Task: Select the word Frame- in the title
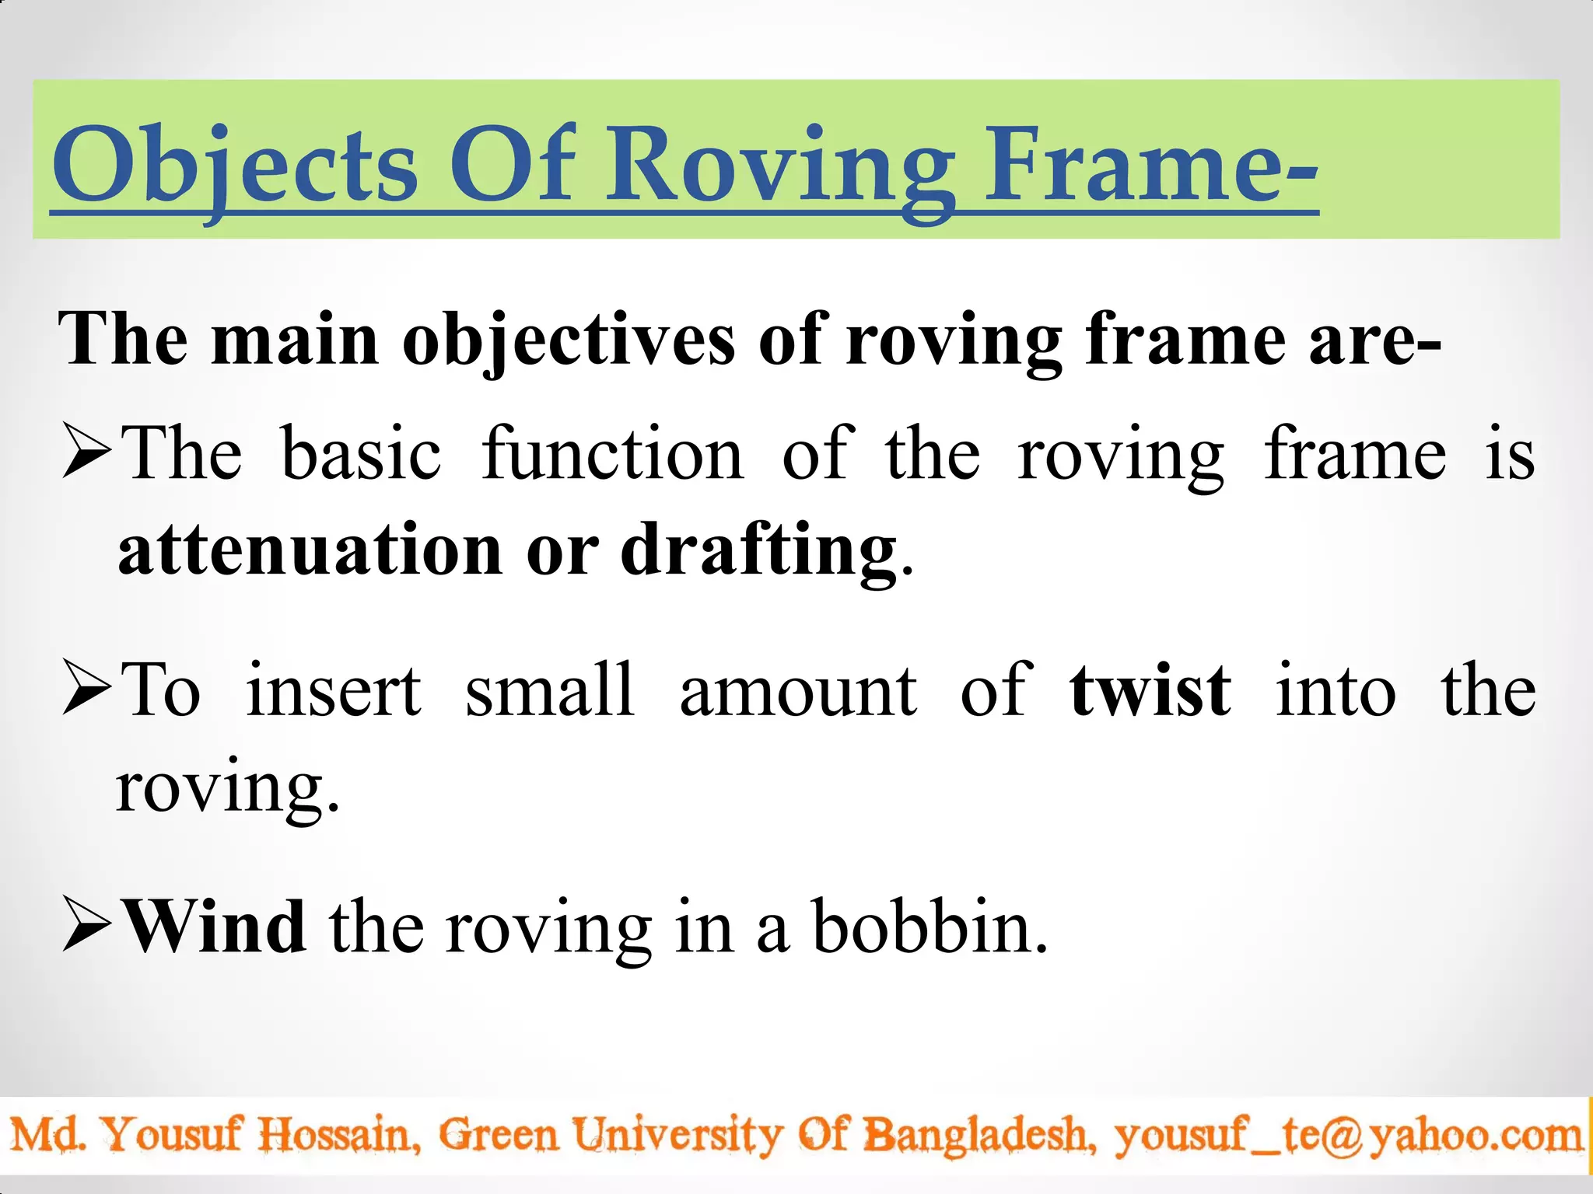click(x=1151, y=167)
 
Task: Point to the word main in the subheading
click(x=295, y=340)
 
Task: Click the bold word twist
click(x=1150, y=690)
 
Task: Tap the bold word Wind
click(x=215, y=926)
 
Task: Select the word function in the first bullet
click(x=612, y=454)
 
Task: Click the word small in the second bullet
click(x=550, y=690)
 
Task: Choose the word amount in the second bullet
click(x=798, y=690)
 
